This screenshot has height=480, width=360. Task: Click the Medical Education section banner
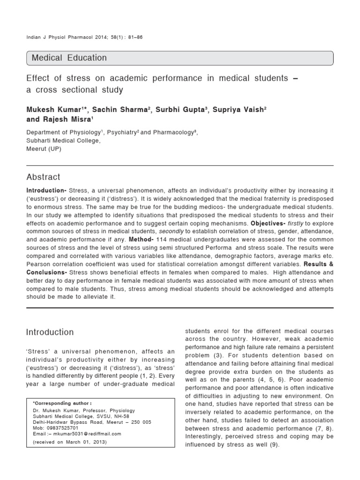[x=180, y=58]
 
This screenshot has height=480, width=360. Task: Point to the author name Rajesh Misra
[x=66, y=119]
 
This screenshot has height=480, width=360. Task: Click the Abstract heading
[x=43, y=177]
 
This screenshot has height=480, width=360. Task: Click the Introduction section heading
[x=50, y=332]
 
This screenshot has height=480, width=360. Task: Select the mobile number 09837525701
[x=60, y=427]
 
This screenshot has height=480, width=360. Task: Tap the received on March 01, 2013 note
[x=70, y=442]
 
